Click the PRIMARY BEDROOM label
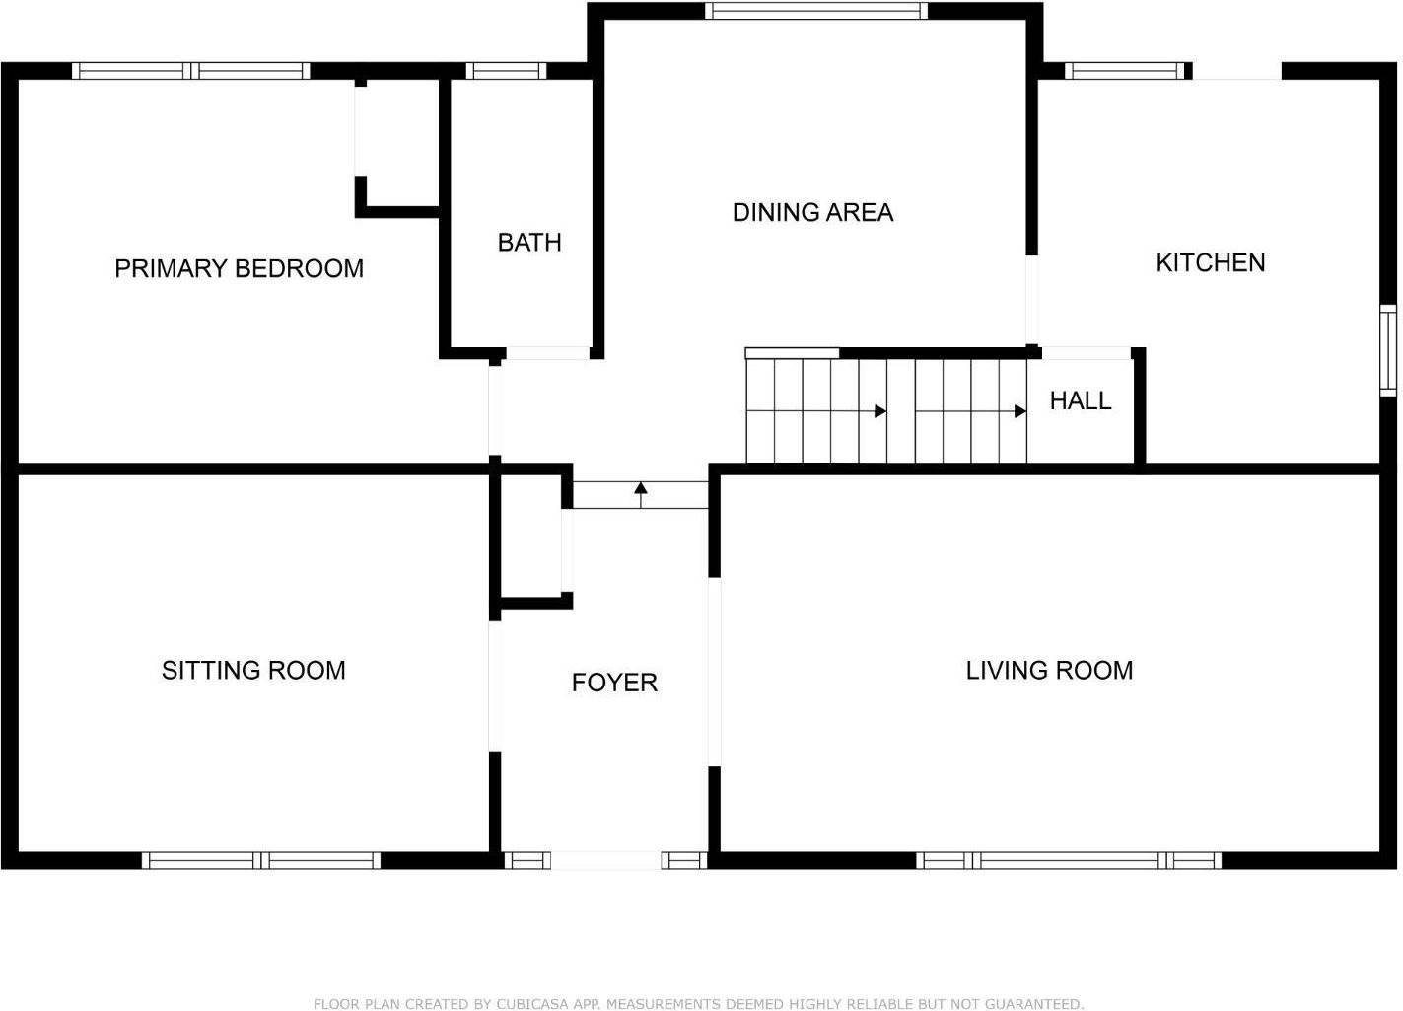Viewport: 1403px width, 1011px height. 239,269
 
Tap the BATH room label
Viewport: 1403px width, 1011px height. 529,243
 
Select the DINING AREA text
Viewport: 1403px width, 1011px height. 812,212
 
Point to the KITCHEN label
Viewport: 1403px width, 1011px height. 1210,263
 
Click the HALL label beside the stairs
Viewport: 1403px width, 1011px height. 1081,401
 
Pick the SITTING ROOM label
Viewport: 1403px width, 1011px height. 253,670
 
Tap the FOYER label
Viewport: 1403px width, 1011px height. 614,683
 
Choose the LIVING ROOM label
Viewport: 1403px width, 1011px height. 1049,670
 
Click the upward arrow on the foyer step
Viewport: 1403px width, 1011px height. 640,494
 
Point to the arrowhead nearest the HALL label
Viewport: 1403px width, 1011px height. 1020,411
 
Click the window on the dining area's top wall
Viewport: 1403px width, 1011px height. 816,11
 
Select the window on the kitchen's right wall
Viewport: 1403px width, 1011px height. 1388,350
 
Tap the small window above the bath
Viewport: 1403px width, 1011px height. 506,71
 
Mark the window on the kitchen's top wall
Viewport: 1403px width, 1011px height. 1125,71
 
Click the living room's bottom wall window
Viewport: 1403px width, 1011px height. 1069,860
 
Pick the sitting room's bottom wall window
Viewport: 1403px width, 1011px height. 261,860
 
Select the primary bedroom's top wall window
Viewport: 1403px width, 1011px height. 191,71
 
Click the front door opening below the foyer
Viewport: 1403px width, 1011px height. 605,860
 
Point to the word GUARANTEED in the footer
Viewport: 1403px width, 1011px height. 1033,1004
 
